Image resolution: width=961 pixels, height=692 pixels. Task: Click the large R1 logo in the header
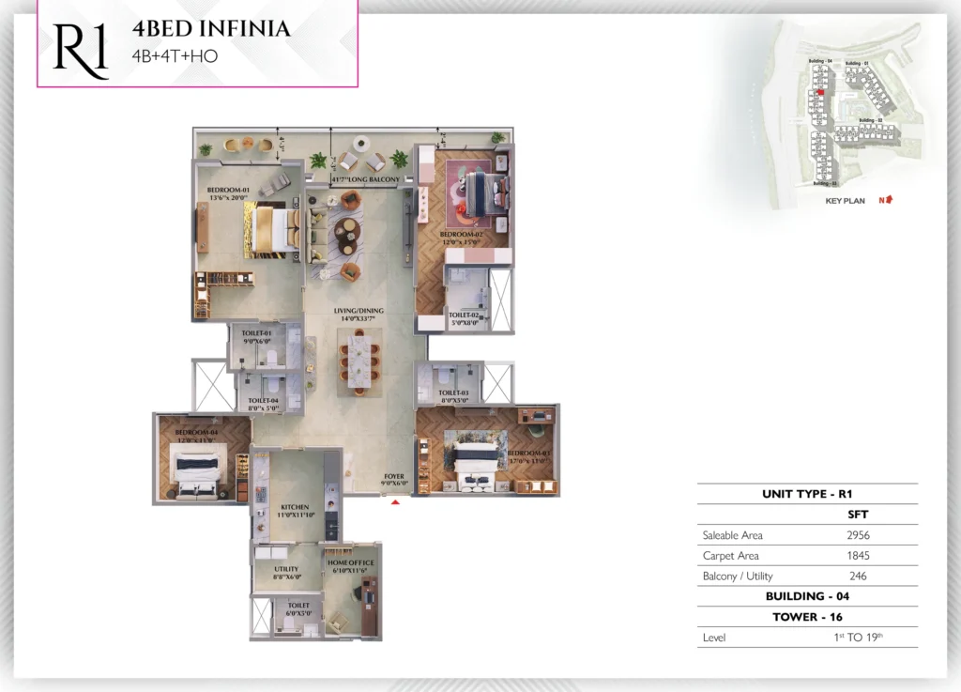pos(80,50)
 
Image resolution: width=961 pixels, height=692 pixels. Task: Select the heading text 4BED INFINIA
pos(211,29)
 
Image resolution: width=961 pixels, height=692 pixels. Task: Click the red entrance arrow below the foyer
pos(396,502)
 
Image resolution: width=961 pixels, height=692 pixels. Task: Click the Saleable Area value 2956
pos(859,535)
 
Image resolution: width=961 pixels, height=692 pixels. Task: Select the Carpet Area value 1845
pos(859,556)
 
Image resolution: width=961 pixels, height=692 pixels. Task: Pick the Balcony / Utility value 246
pos(859,577)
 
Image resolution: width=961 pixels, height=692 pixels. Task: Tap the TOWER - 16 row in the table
pos(807,617)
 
